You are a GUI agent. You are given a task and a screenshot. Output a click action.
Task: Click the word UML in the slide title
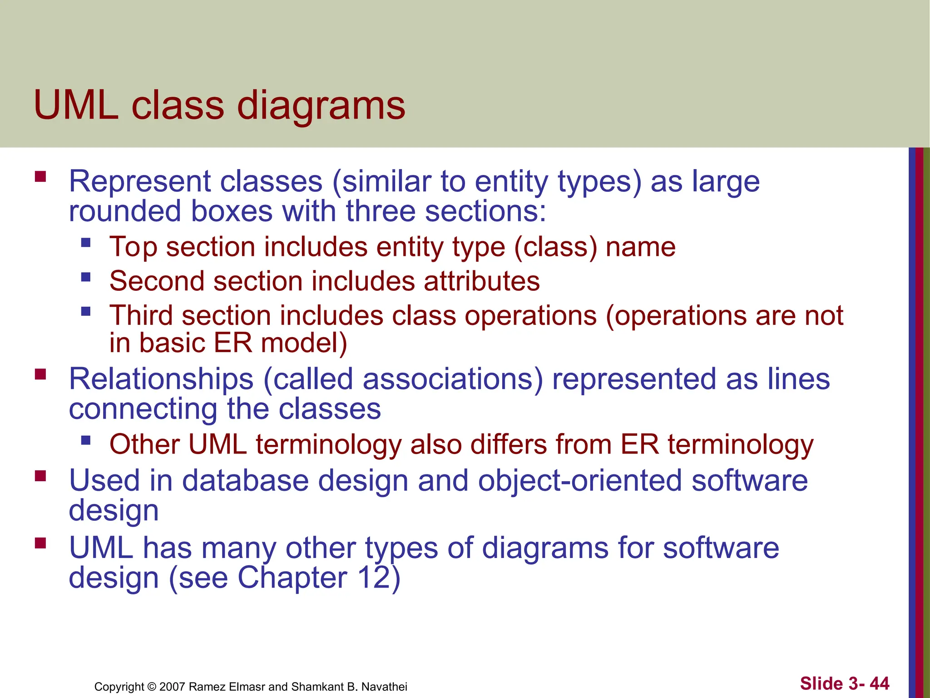click(76, 105)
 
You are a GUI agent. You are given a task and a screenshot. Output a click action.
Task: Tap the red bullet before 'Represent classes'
click(40, 176)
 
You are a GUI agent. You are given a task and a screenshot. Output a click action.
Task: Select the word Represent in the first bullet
click(139, 182)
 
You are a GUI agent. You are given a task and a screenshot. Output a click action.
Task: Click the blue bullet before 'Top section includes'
click(86, 242)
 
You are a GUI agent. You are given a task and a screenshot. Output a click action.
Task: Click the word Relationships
click(161, 379)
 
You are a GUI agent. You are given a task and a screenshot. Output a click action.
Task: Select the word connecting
click(143, 409)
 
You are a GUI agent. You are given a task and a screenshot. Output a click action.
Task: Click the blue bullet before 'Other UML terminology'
click(86, 440)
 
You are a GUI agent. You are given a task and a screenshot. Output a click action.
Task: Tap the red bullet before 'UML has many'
click(40, 543)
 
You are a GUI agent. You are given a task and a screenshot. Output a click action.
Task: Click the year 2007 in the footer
click(172, 687)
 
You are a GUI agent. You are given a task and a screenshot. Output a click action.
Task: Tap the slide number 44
click(879, 683)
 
